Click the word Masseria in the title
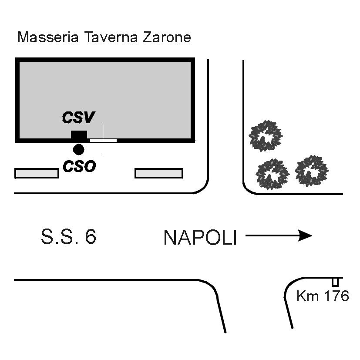[x=48, y=37]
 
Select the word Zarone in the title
[x=167, y=37]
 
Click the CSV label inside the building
[x=78, y=118]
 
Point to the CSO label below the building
[x=79, y=166]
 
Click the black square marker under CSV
[x=79, y=135]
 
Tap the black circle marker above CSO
[x=78, y=150]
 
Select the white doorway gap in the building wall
[x=104, y=141]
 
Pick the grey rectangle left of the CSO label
[x=37, y=173]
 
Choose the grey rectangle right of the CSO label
[x=159, y=173]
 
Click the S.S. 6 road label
[x=68, y=237]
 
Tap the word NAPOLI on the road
[x=200, y=238]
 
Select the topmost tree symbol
[x=265, y=137]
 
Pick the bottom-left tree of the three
[x=272, y=174]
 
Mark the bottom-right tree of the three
[x=311, y=171]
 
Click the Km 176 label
[x=323, y=296]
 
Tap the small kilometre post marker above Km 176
[x=335, y=282]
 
